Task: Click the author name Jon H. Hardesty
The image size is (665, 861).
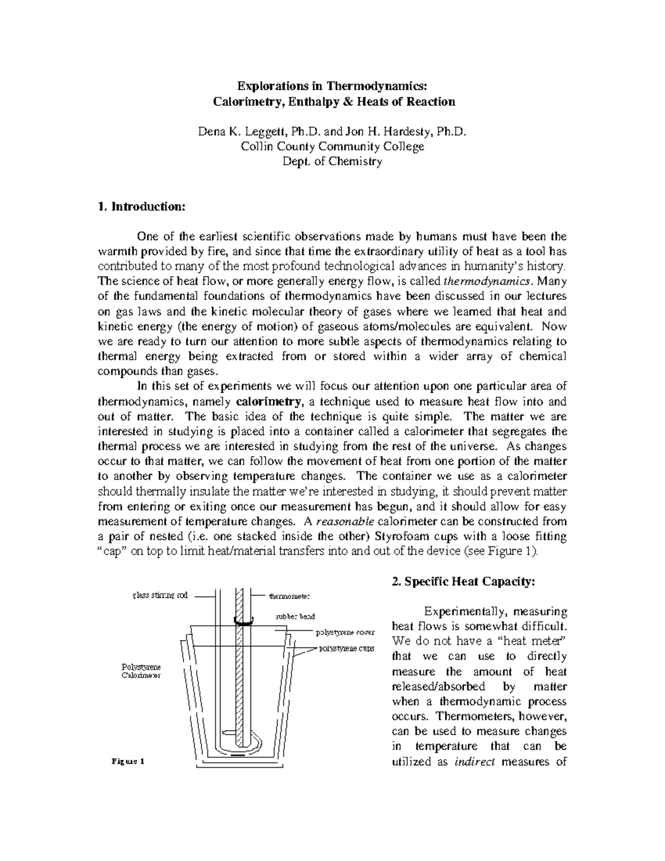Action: click(389, 131)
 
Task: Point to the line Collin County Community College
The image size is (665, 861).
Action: click(332, 146)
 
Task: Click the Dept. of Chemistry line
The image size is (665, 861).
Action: click(332, 162)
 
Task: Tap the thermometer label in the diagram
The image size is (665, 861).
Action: click(290, 597)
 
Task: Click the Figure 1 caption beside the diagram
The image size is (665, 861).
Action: click(129, 761)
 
